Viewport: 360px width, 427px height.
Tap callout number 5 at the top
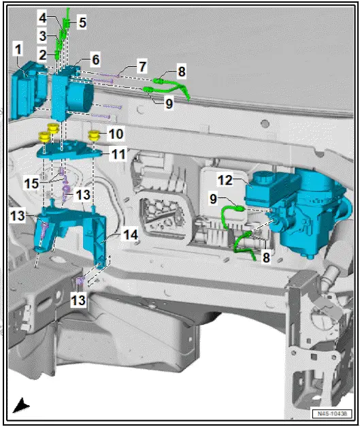tap(82, 22)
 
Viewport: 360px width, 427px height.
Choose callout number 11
tap(119, 154)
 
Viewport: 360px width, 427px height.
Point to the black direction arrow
tap(22, 406)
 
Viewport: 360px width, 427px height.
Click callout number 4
tap(42, 16)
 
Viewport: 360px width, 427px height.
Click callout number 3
tap(42, 35)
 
